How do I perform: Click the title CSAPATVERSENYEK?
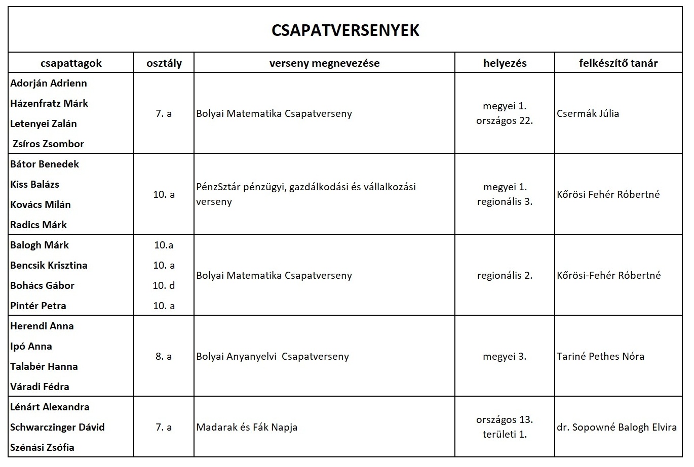[345, 30]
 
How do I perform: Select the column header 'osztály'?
[164, 63]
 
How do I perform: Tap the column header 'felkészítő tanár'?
[618, 63]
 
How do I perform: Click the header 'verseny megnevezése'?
[324, 63]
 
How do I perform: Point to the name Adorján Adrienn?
[49, 83]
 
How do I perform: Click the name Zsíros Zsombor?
[49, 144]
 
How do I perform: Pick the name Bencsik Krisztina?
[49, 266]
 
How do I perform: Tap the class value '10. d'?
[164, 286]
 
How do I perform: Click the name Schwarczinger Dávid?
[57, 428]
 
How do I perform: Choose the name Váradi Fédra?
[40, 387]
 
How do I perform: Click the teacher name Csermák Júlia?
[588, 114]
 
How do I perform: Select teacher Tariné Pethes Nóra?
[600, 357]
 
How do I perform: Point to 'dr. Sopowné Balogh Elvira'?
[616, 428]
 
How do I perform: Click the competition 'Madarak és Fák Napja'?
[247, 428]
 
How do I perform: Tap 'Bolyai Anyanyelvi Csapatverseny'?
[273, 357]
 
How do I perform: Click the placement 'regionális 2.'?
[505, 276]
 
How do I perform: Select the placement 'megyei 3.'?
[505, 357]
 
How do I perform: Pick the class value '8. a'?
[164, 357]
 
